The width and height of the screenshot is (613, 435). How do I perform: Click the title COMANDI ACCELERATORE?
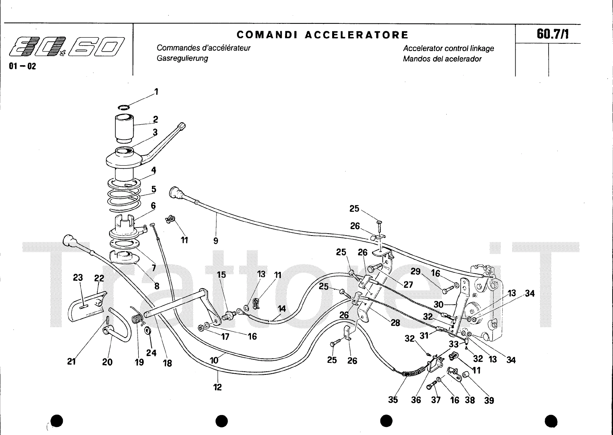323,35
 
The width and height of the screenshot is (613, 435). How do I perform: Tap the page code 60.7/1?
552,34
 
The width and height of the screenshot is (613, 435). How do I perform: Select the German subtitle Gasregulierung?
182,58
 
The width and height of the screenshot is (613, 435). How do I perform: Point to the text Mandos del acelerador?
442,59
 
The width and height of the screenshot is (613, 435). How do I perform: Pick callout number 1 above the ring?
156,92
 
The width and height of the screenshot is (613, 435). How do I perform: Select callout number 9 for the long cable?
216,241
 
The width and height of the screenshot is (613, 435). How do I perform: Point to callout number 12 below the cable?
217,387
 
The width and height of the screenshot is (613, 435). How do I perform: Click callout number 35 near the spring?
393,400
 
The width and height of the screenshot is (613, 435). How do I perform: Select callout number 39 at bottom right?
489,400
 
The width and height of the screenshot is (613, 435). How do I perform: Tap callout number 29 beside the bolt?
416,272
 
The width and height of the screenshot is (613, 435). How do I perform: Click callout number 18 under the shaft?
167,362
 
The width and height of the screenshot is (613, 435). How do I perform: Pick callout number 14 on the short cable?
282,308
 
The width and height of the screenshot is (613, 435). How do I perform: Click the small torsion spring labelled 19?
137,318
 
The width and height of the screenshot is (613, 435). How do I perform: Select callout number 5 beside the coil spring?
154,189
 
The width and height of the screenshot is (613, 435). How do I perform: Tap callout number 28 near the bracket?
395,323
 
